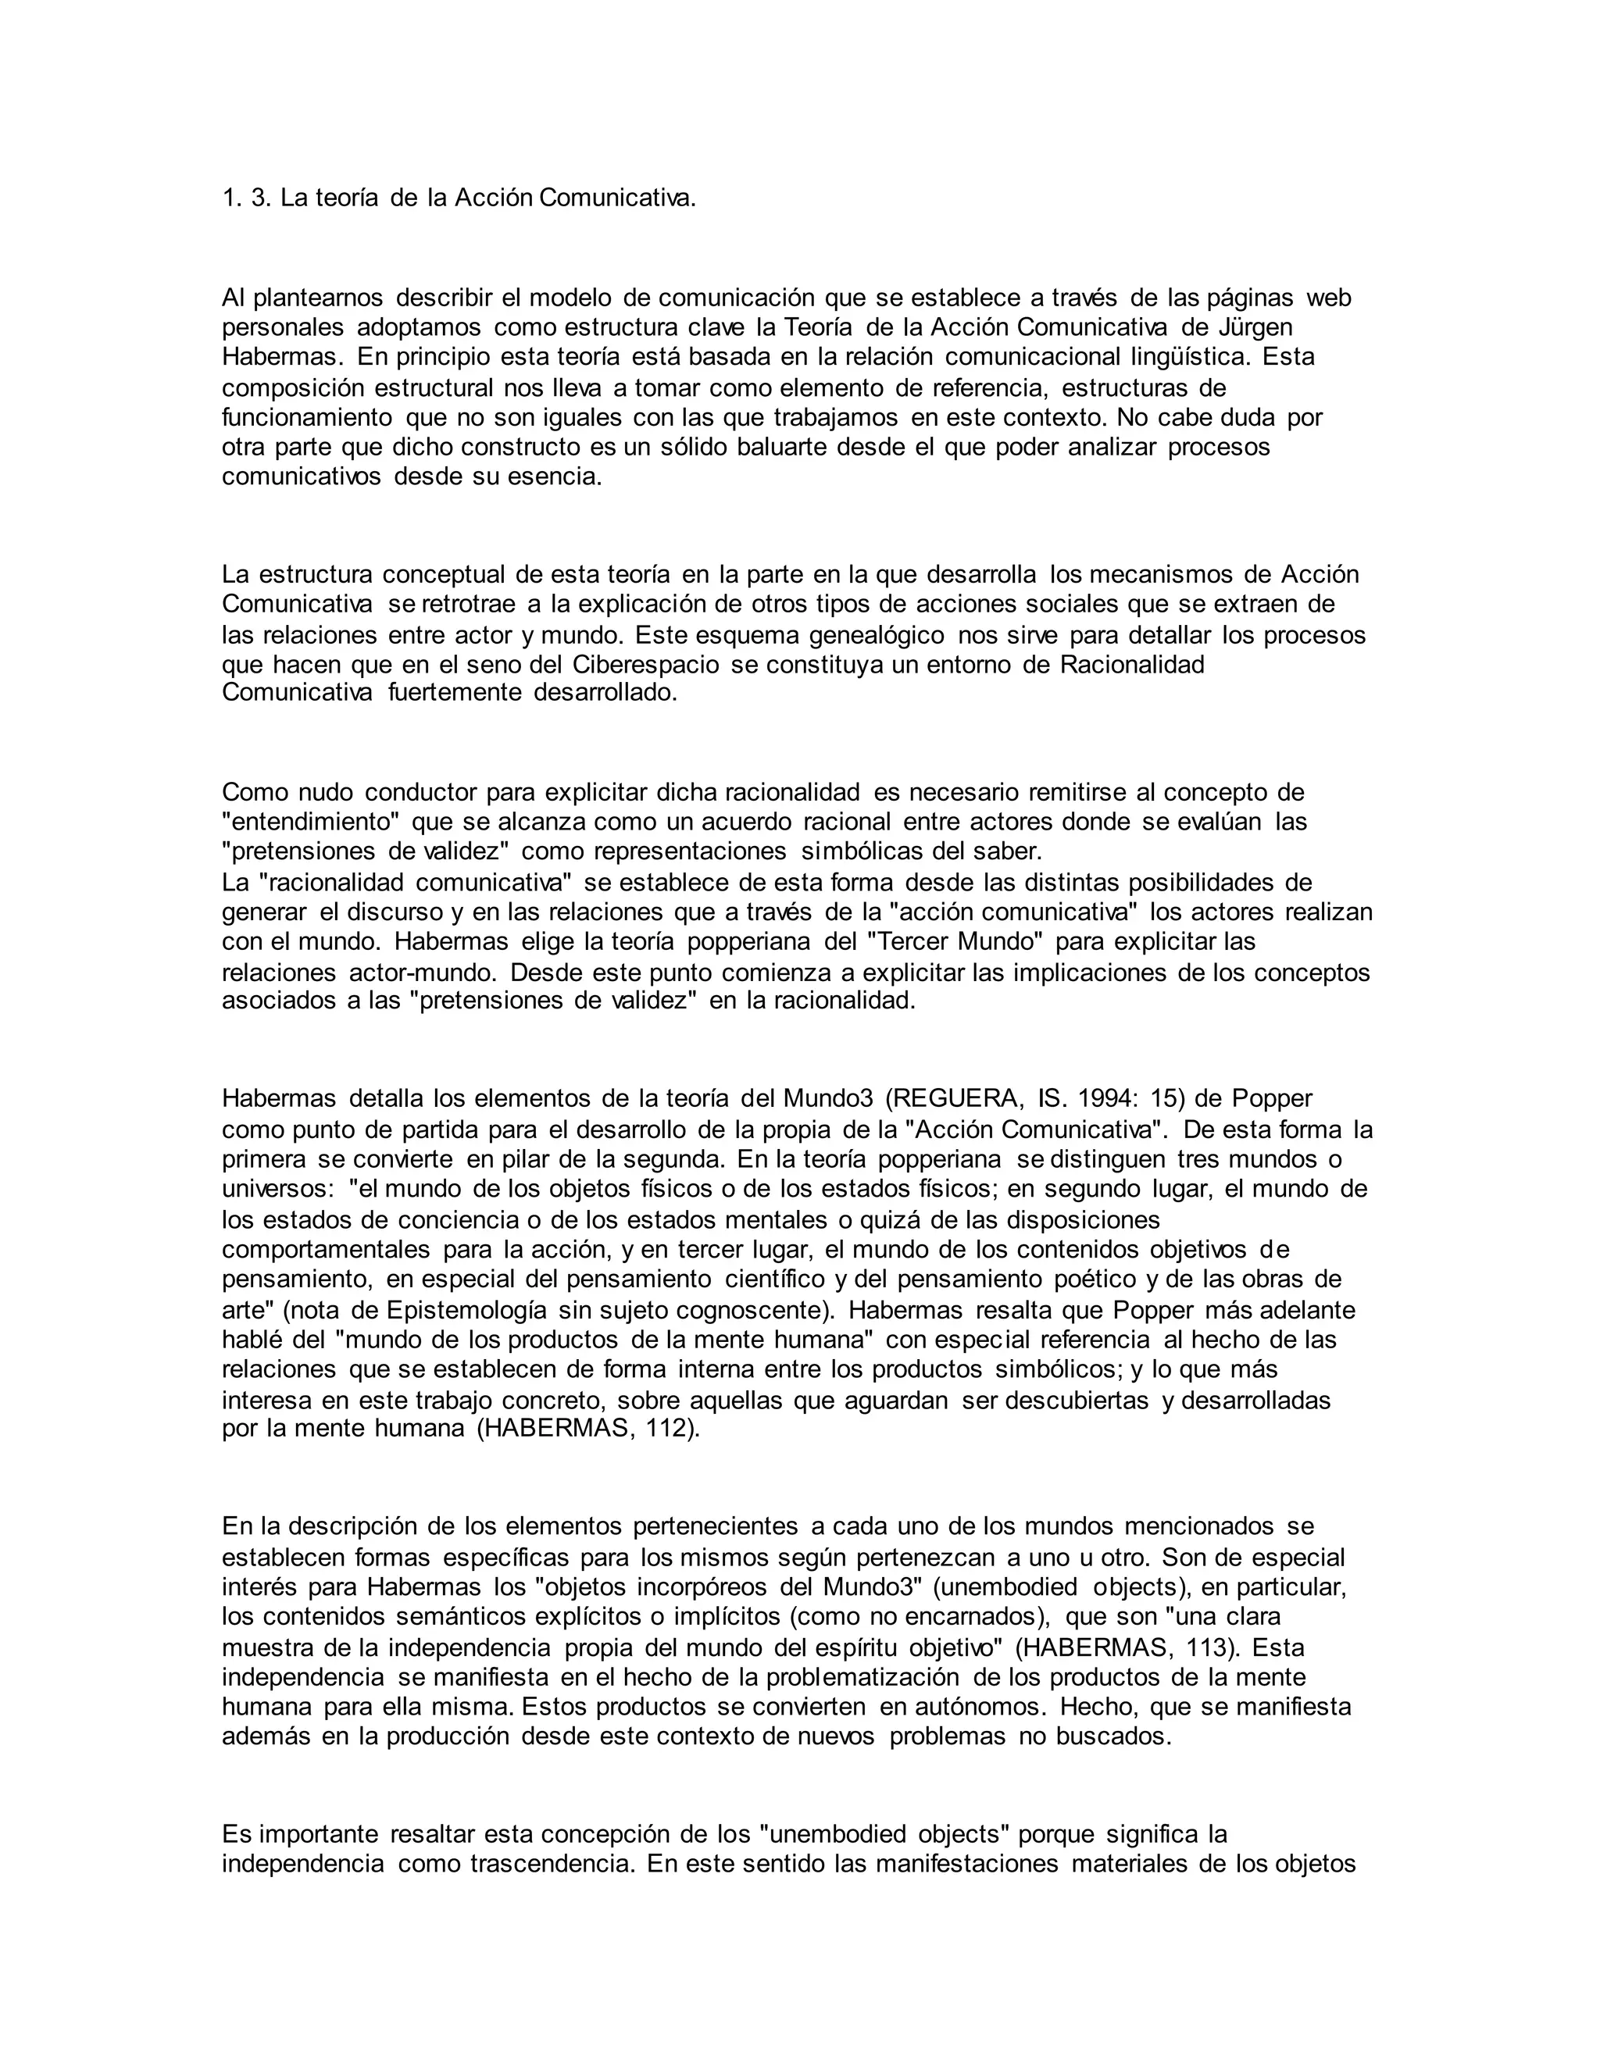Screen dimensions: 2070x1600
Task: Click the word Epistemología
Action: pyautogui.click(x=466, y=1310)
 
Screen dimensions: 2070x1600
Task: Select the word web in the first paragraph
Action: pyautogui.click(x=1329, y=298)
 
